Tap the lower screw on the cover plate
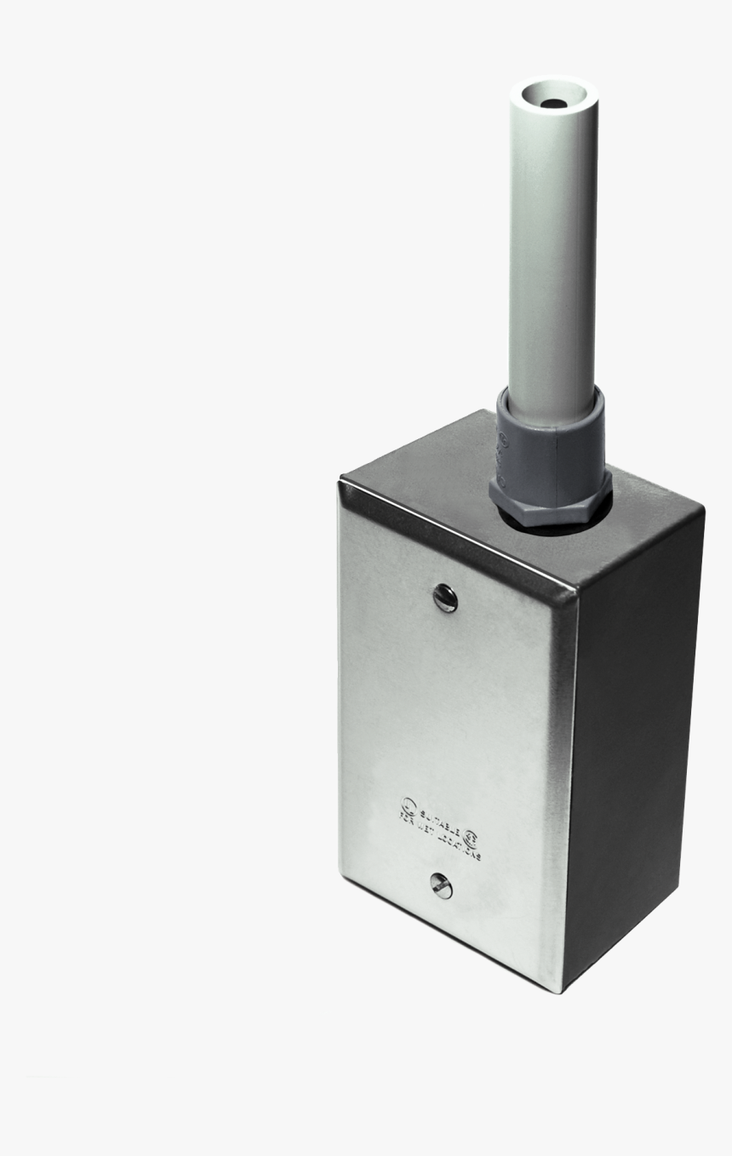(440, 888)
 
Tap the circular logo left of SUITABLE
(408, 801)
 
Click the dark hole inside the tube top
(555, 103)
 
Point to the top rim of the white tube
(554, 85)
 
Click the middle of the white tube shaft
(553, 255)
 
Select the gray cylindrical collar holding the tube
(549, 443)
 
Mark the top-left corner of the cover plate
(342, 484)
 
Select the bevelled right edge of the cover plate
(563, 766)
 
